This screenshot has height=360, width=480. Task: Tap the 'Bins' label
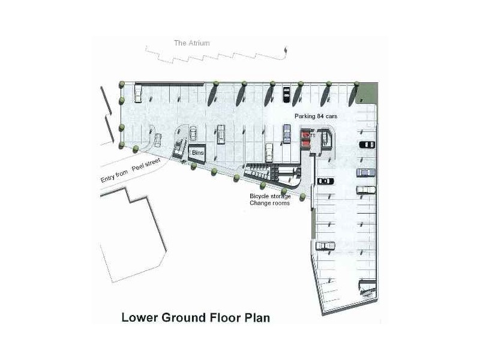pos(197,154)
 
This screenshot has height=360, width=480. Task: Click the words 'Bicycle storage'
pos(270,196)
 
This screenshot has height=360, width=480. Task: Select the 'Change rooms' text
pos(269,204)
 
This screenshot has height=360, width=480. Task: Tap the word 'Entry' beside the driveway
pos(112,179)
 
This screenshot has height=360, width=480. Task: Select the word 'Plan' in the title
pos(256,317)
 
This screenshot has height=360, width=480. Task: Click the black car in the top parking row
pos(287,94)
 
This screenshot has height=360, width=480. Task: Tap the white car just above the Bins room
pos(193,133)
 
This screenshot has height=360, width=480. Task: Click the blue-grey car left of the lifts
pos(287,133)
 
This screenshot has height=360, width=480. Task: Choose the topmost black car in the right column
pos(366,144)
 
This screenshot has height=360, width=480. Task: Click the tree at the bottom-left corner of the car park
pos(122,145)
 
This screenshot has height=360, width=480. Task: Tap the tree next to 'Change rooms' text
pos(303,197)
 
